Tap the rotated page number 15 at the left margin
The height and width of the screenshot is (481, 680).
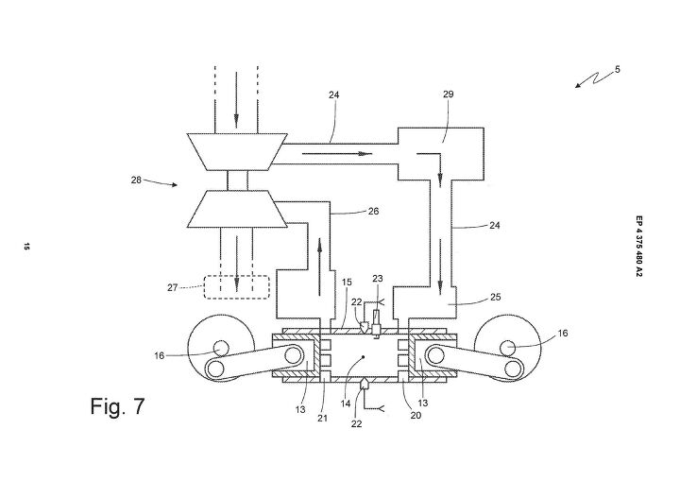(27, 248)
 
